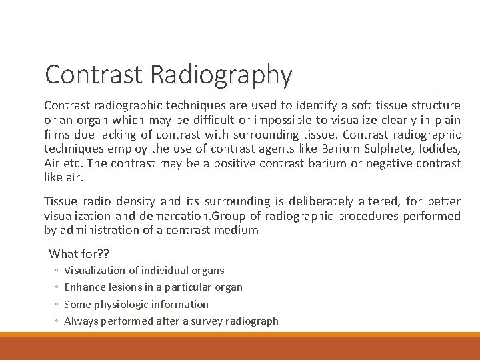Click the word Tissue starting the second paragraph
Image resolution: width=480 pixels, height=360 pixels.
[x=60, y=201]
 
